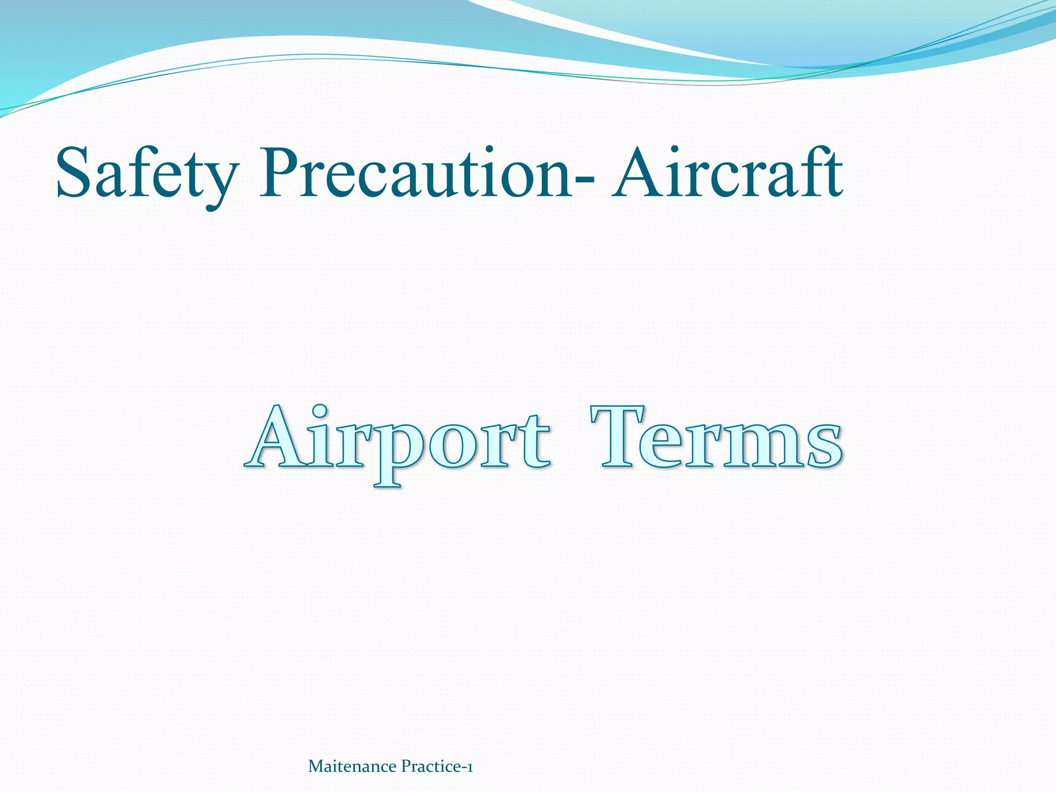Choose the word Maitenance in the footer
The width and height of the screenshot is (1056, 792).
352,767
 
